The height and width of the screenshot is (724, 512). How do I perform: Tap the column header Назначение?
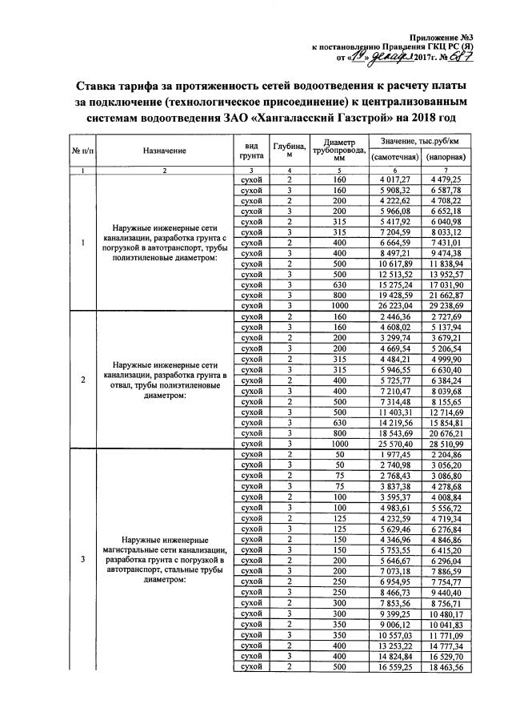165,151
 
